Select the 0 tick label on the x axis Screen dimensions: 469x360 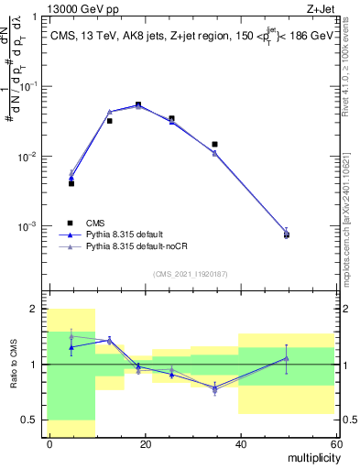point(49,443)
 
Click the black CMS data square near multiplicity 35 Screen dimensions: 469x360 point(214,144)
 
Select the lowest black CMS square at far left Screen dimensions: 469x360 point(71,183)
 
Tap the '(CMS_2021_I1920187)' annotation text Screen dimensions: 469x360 point(191,274)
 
